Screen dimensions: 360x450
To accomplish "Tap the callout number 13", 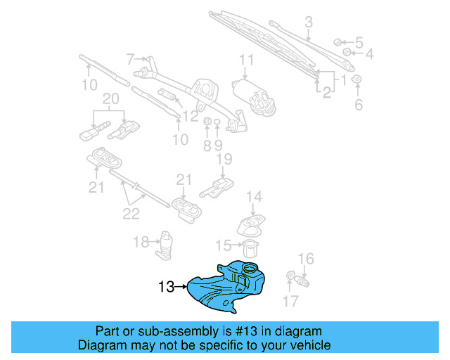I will point(166,287).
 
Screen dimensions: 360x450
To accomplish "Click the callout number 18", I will point(141,242).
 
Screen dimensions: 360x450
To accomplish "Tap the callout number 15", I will point(223,245).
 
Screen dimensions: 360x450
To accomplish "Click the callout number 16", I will point(306,259).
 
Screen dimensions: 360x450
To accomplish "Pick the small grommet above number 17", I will point(290,275).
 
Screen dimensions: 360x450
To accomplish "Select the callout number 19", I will point(224,160).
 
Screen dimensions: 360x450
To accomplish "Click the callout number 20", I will point(111,99).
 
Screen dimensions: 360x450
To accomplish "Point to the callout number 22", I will point(131,213).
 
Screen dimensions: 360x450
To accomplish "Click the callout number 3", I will point(308,23).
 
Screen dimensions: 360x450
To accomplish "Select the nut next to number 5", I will point(337,41).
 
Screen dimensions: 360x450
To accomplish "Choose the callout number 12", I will point(190,115).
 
